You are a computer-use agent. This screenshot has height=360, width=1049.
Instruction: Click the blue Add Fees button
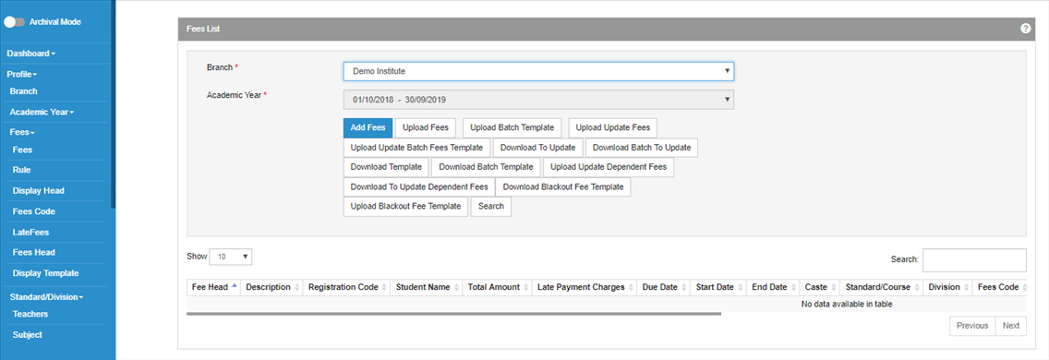[368, 127]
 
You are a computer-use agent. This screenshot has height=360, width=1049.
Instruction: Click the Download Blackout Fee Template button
[563, 186]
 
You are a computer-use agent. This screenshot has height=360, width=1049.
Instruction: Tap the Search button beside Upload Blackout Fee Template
[491, 206]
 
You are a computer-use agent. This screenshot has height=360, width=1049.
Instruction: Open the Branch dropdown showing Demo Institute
[538, 71]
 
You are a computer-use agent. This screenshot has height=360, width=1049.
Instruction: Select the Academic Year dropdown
[538, 100]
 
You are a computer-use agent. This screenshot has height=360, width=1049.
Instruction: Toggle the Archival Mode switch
[14, 22]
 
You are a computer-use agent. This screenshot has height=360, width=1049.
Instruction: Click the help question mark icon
[1025, 29]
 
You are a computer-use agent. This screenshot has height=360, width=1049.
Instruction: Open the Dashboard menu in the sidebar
[30, 53]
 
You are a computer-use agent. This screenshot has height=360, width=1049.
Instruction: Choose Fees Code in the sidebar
[33, 210]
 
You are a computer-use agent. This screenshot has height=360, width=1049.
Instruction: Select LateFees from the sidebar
[30, 233]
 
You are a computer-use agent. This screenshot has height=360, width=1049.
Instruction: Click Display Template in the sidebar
[45, 273]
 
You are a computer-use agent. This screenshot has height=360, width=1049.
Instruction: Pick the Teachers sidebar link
[30, 314]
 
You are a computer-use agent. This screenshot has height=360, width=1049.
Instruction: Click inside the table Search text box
[974, 259]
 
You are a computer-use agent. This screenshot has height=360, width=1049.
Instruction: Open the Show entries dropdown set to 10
[231, 257]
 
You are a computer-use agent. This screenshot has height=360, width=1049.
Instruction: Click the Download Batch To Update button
[642, 147]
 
